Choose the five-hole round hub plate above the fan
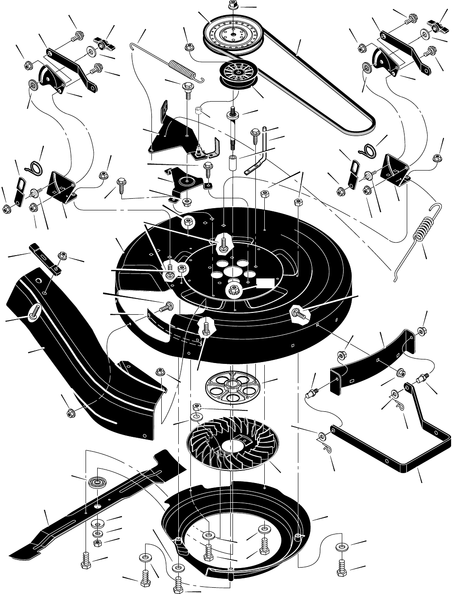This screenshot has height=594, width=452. click(232, 385)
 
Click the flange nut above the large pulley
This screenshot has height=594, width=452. click(232, 5)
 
